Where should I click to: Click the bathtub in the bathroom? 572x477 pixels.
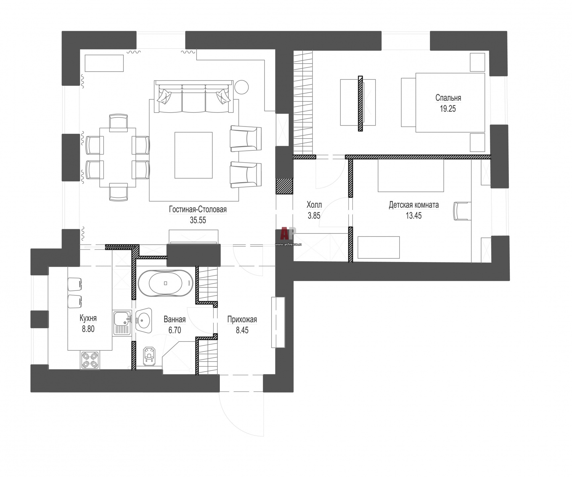pyautogui.click(x=166, y=283)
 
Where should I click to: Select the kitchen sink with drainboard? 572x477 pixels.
pyautogui.click(x=122, y=323)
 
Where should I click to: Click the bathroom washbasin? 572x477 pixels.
pyautogui.click(x=144, y=320)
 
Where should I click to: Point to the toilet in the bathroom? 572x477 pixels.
pyautogui.click(x=150, y=356)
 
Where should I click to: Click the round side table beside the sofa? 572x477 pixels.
pyautogui.click(x=241, y=87)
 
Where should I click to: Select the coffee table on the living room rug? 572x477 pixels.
pyautogui.click(x=194, y=155)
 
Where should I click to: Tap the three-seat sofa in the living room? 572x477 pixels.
pyautogui.click(x=194, y=97)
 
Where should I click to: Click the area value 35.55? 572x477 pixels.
pyautogui.click(x=198, y=220)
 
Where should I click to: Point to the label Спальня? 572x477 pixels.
pyautogui.click(x=448, y=98)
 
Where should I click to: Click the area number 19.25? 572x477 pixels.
pyautogui.click(x=448, y=109)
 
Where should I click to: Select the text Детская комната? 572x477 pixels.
pyautogui.click(x=414, y=205)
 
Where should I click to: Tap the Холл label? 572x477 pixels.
pyautogui.click(x=314, y=205)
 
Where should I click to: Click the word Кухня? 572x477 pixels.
pyautogui.click(x=88, y=318)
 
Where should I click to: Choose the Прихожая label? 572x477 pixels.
pyautogui.click(x=242, y=320)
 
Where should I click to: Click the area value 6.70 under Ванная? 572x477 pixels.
pyautogui.click(x=174, y=330)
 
